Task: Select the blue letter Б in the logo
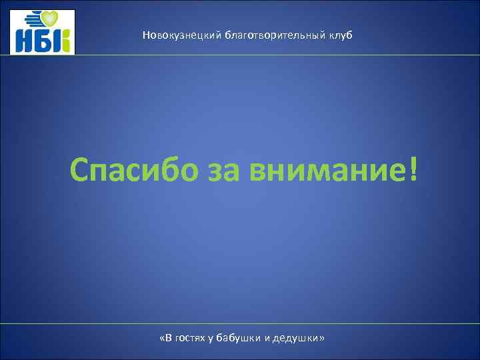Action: [x=43, y=41]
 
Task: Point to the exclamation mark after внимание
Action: [x=417, y=170]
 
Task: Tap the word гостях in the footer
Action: [x=193, y=338]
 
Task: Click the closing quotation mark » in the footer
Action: [x=323, y=338]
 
